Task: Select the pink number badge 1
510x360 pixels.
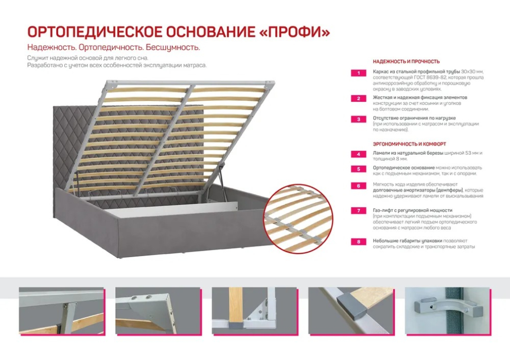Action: (x=358, y=73)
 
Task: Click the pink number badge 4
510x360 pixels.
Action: (x=358, y=154)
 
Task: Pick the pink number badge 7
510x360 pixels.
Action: (x=358, y=211)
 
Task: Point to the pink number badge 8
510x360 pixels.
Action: (x=358, y=241)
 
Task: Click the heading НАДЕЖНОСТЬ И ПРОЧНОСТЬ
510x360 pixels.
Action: (x=406, y=61)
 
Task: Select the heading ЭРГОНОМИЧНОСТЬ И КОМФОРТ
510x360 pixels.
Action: (x=409, y=144)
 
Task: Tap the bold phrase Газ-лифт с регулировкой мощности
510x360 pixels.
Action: (x=412, y=210)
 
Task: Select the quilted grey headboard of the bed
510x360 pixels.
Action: (x=77, y=144)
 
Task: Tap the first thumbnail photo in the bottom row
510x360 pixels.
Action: (x=61, y=312)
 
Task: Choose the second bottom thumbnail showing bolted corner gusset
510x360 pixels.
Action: (x=157, y=312)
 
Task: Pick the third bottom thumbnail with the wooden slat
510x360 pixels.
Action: (x=254, y=312)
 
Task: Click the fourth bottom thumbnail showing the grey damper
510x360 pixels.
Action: (x=350, y=312)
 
